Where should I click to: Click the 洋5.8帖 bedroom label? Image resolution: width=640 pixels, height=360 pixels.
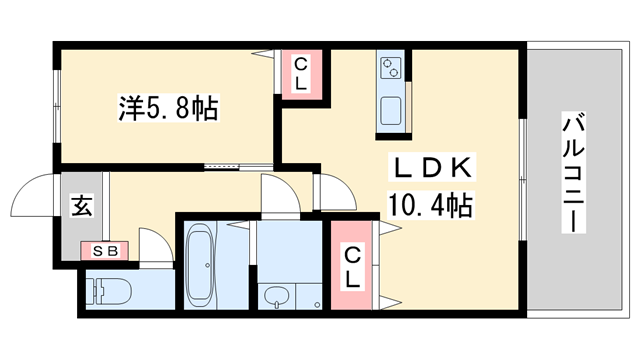(x=167, y=107)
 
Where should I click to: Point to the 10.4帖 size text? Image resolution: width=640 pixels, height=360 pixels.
(x=430, y=206)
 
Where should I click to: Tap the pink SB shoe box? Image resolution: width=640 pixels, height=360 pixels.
(x=104, y=251)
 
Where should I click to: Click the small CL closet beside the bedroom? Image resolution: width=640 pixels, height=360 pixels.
(x=301, y=75)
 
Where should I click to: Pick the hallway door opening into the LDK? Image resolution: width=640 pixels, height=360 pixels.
(x=330, y=190)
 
